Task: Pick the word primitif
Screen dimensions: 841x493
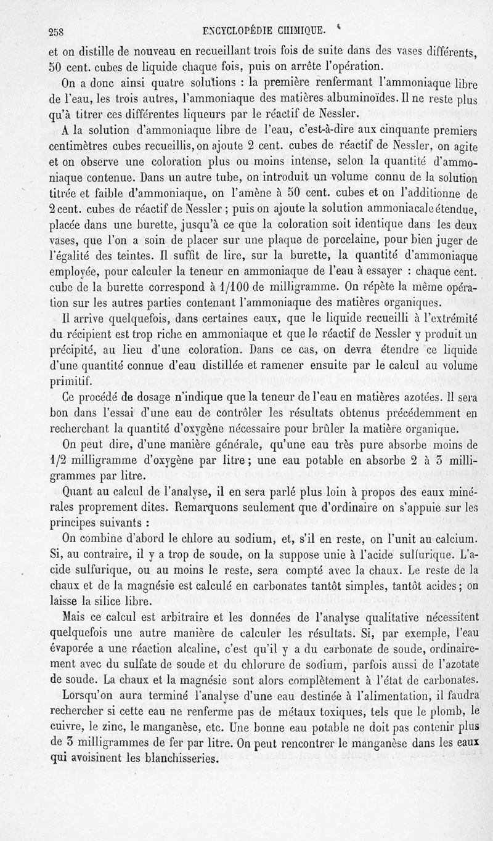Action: point(71,378)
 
